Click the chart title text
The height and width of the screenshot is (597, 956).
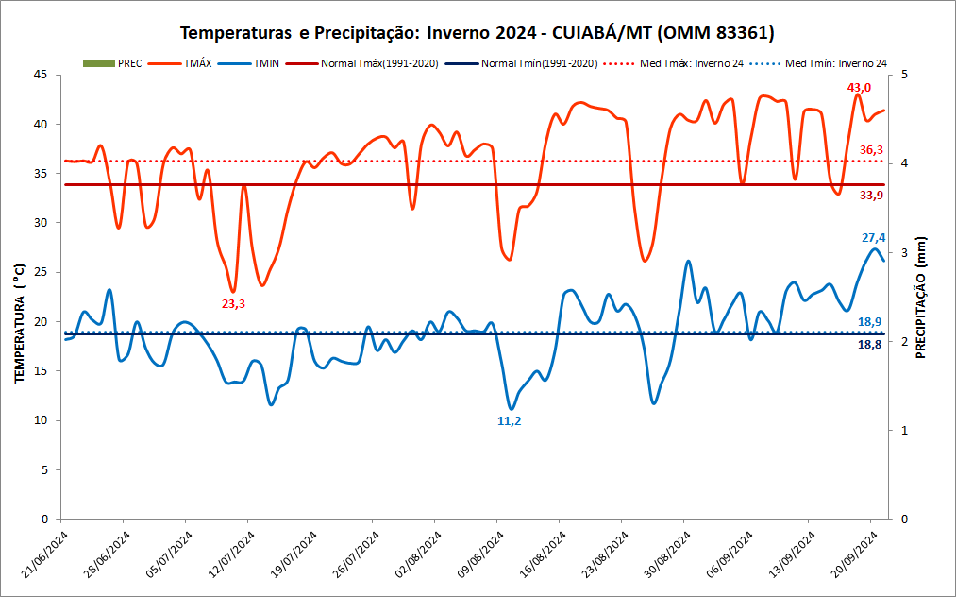(x=477, y=33)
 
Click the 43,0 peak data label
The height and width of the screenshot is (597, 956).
(x=859, y=88)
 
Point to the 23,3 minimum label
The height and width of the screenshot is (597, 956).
(x=233, y=304)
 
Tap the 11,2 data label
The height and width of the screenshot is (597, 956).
(x=509, y=421)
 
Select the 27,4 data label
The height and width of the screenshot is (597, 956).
(x=873, y=238)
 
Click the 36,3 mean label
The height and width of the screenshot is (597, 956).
(x=871, y=150)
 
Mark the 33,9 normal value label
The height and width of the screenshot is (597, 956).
(x=871, y=196)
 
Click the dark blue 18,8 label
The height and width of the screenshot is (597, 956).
(x=870, y=346)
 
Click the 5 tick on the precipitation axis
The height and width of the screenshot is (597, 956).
(x=904, y=75)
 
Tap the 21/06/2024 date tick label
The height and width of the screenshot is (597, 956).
(x=42, y=557)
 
